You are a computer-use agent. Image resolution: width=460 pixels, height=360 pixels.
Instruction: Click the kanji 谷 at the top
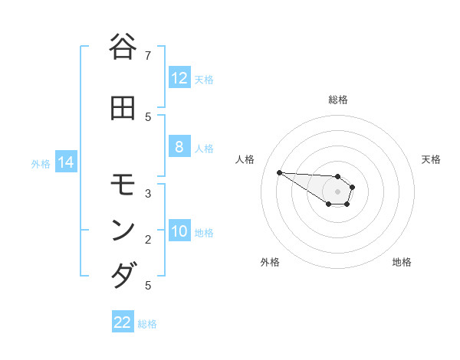pyautogui.click(x=123, y=47)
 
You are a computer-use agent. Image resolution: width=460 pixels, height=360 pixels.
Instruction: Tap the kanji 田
pyautogui.click(x=123, y=109)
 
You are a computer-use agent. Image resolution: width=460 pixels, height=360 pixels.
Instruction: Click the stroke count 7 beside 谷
pyautogui.click(x=148, y=55)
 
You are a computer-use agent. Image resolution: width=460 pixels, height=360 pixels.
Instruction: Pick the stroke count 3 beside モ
pyautogui.click(x=148, y=193)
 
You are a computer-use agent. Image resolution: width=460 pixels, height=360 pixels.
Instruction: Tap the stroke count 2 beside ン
pyautogui.click(x=148, y=239)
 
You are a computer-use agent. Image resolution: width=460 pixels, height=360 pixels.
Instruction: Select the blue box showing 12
pyautogui.click(x=179, y=78)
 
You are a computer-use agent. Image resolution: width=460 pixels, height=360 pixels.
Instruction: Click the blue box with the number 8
pyautogui.click(x=179, y=147)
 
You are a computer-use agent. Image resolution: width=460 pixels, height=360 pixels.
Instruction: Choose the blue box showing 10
pyautogui.click(x=179, y=231)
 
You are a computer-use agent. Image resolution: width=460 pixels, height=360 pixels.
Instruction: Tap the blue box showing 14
pyautogui.click(x=66, y=162)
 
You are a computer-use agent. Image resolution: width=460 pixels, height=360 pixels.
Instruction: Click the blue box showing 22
pyautogui.click(x=123, y=322)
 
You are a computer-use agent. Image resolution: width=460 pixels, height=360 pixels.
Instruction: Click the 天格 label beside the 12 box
pyautogui.click(x=204, y=79)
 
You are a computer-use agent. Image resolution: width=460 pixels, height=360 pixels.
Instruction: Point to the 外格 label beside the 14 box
pyautogui.click(x=41, y=163)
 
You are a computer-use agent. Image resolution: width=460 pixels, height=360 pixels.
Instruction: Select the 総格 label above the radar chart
pyautogui.click(x=338, y=100)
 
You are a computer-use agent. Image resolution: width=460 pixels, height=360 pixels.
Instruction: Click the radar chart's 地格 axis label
pyautogui.click(x=402, y=262)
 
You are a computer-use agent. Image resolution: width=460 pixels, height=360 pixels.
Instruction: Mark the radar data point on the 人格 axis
pyautogui.click(x=279, y=172)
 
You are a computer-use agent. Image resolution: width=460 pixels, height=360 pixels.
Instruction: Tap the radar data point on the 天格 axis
pyautogui.click(x=353, y=187)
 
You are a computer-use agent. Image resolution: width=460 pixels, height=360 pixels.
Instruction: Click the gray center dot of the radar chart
pyautogui.click(x=338, y=191)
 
